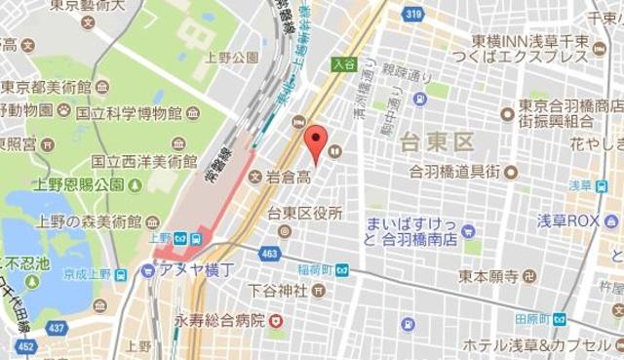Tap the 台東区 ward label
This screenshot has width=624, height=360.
(x=437, y=143)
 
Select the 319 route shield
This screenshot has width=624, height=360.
(x=412, y=15)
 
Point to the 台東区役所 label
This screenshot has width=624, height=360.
(x=305, y=213)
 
